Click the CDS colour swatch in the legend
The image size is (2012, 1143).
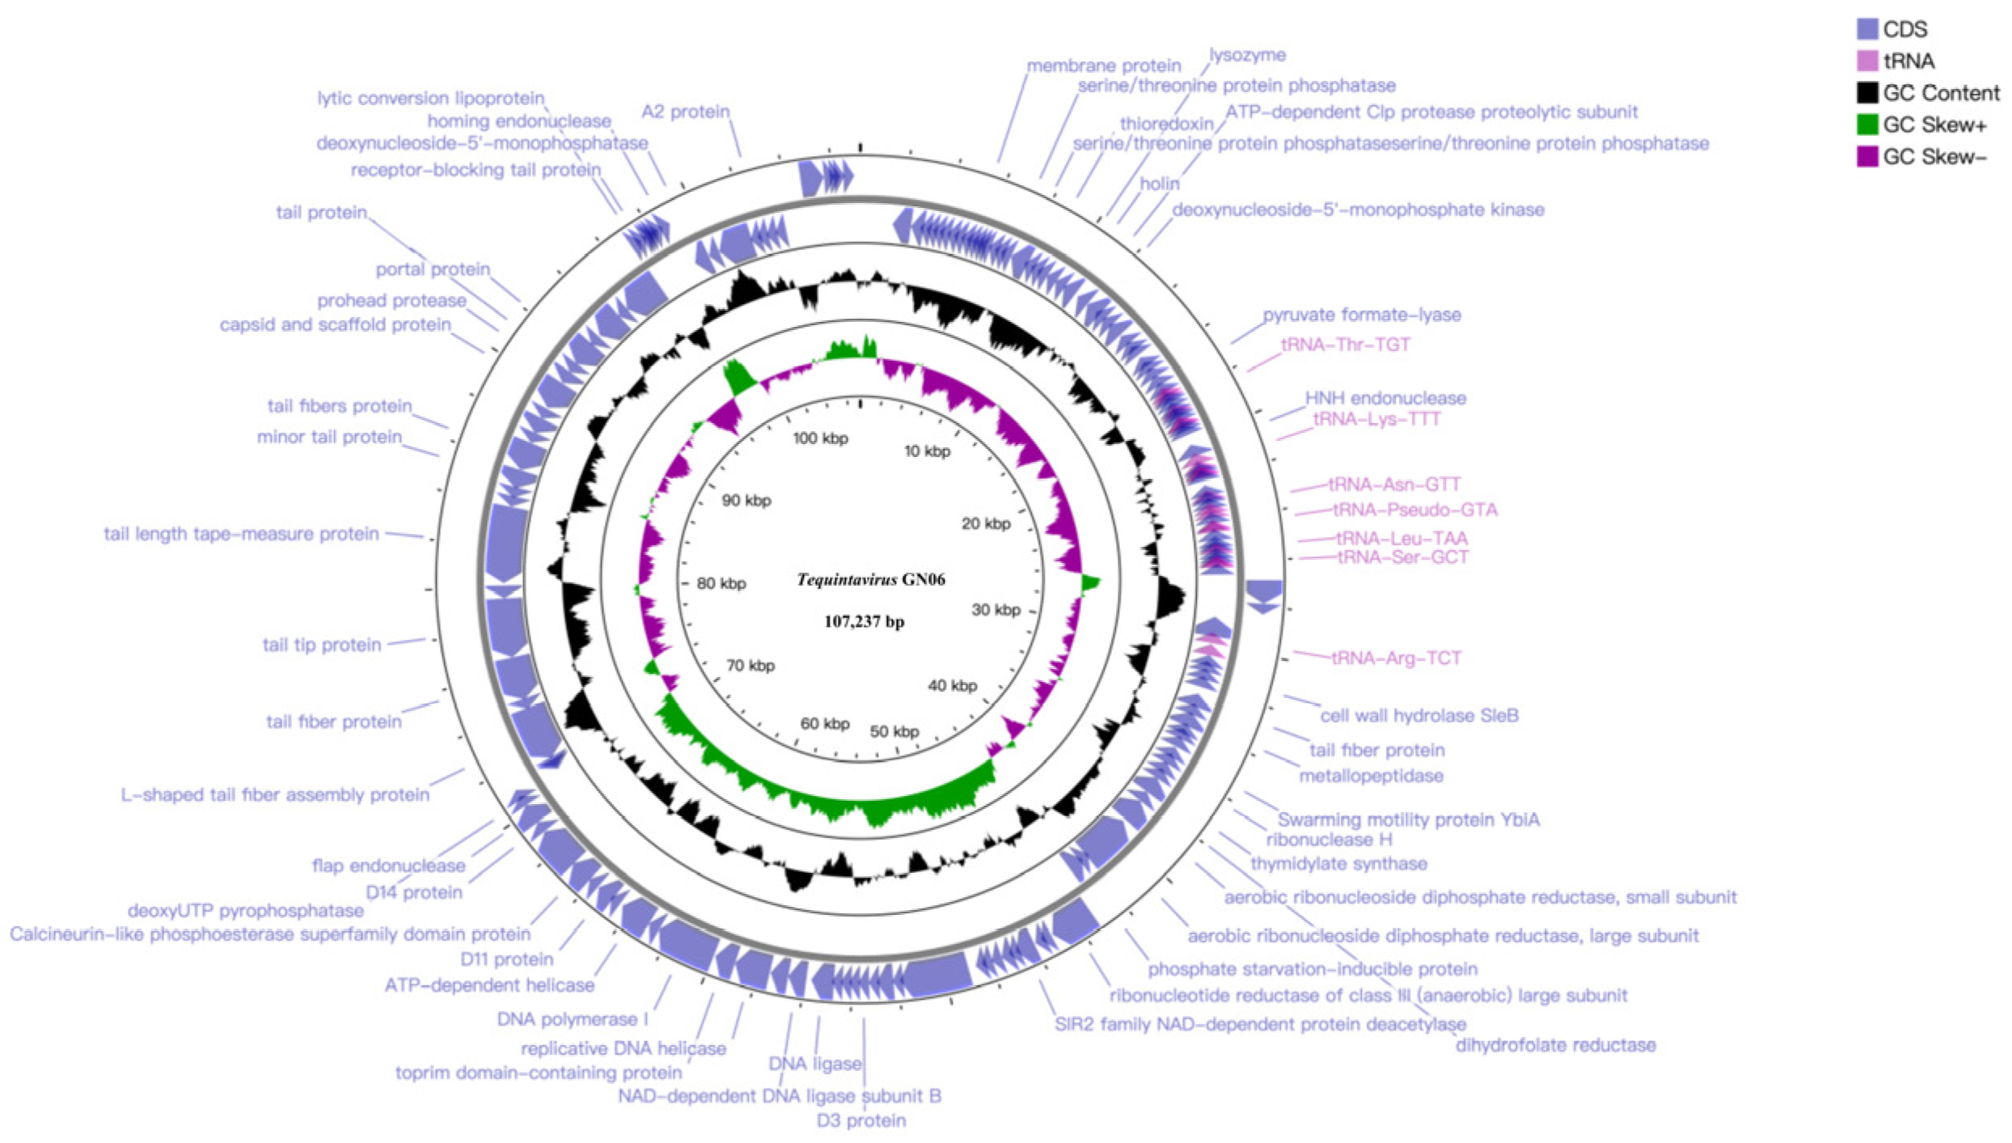1866,29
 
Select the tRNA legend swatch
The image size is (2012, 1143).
1866,61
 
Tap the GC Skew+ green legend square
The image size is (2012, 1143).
1866,125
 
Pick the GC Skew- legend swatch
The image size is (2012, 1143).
1866,156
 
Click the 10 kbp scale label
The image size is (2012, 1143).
927,451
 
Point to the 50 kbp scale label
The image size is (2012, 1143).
894,731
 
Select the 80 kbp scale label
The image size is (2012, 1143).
721,583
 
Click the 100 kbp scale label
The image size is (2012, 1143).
820,438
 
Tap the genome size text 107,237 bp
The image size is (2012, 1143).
864,621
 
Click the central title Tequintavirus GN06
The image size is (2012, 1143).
870,579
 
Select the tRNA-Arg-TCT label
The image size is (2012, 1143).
1397,658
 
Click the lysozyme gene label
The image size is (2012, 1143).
1247,55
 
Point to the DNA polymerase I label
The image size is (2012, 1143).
572,1018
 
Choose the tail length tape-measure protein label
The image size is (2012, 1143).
241,534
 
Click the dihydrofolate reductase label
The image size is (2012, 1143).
1555,1044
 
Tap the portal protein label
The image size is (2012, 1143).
433,269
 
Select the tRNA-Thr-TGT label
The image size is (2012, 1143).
1346,345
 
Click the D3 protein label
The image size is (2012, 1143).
860,1120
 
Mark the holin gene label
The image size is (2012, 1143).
1159,184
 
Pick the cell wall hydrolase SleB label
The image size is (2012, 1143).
1418,715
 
